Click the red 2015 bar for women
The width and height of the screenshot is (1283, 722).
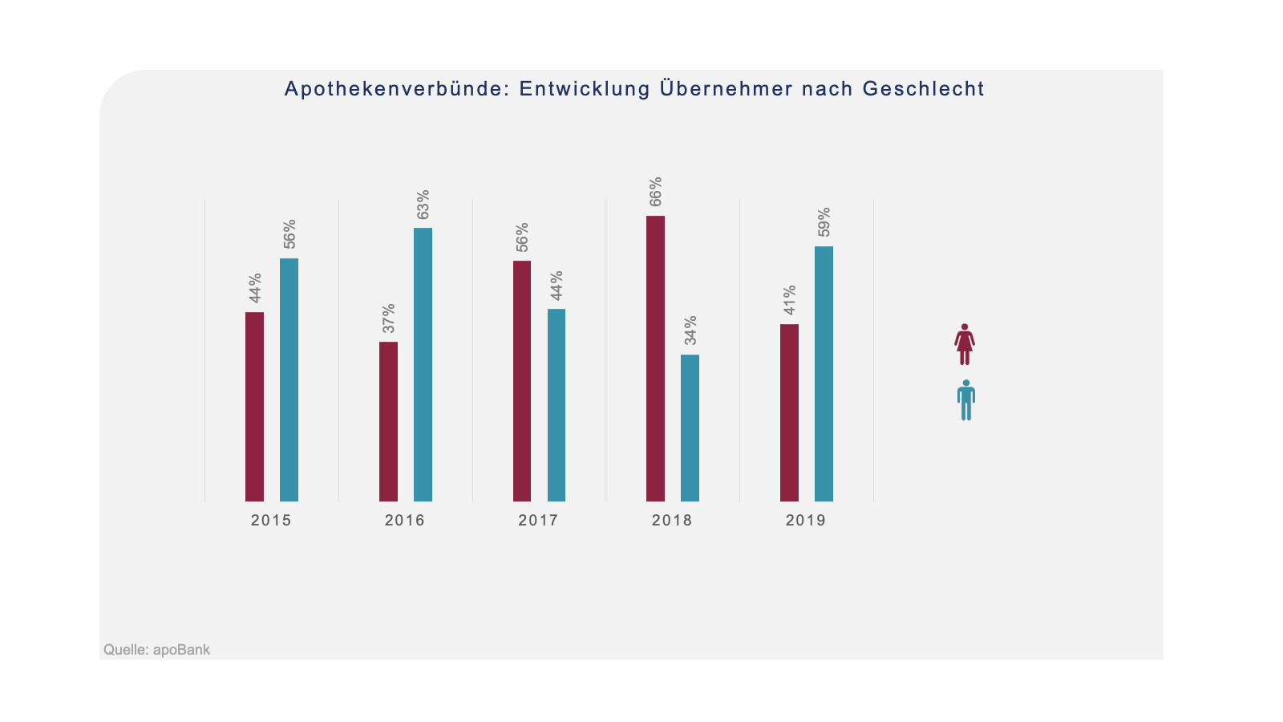point(254,407)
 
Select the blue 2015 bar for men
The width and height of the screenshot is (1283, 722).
point(289,379)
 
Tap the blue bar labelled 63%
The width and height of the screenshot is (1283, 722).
point(423,364)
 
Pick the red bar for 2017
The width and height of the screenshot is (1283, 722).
point(522,381)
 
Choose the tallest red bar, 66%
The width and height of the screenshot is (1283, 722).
point(655,359)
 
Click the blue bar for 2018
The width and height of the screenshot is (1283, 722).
point(690,428)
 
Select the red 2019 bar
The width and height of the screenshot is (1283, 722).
point(789,412)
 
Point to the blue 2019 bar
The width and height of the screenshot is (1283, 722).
point(824,374)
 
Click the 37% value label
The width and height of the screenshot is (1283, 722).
point(389,318)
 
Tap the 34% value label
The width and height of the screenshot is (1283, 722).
point(690,331)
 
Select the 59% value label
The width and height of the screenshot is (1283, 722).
point(824,222)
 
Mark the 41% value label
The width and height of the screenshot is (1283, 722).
point(790,300)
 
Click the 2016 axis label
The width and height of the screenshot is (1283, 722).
point(404,521)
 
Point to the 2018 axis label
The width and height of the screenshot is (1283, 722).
point(672,521)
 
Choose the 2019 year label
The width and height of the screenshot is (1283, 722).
point(805,521)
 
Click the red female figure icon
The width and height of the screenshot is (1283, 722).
point(965,344)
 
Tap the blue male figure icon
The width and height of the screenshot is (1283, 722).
point(966,400)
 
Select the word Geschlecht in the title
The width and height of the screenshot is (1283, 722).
point(923,89)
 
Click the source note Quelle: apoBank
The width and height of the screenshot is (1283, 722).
point(156,650)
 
